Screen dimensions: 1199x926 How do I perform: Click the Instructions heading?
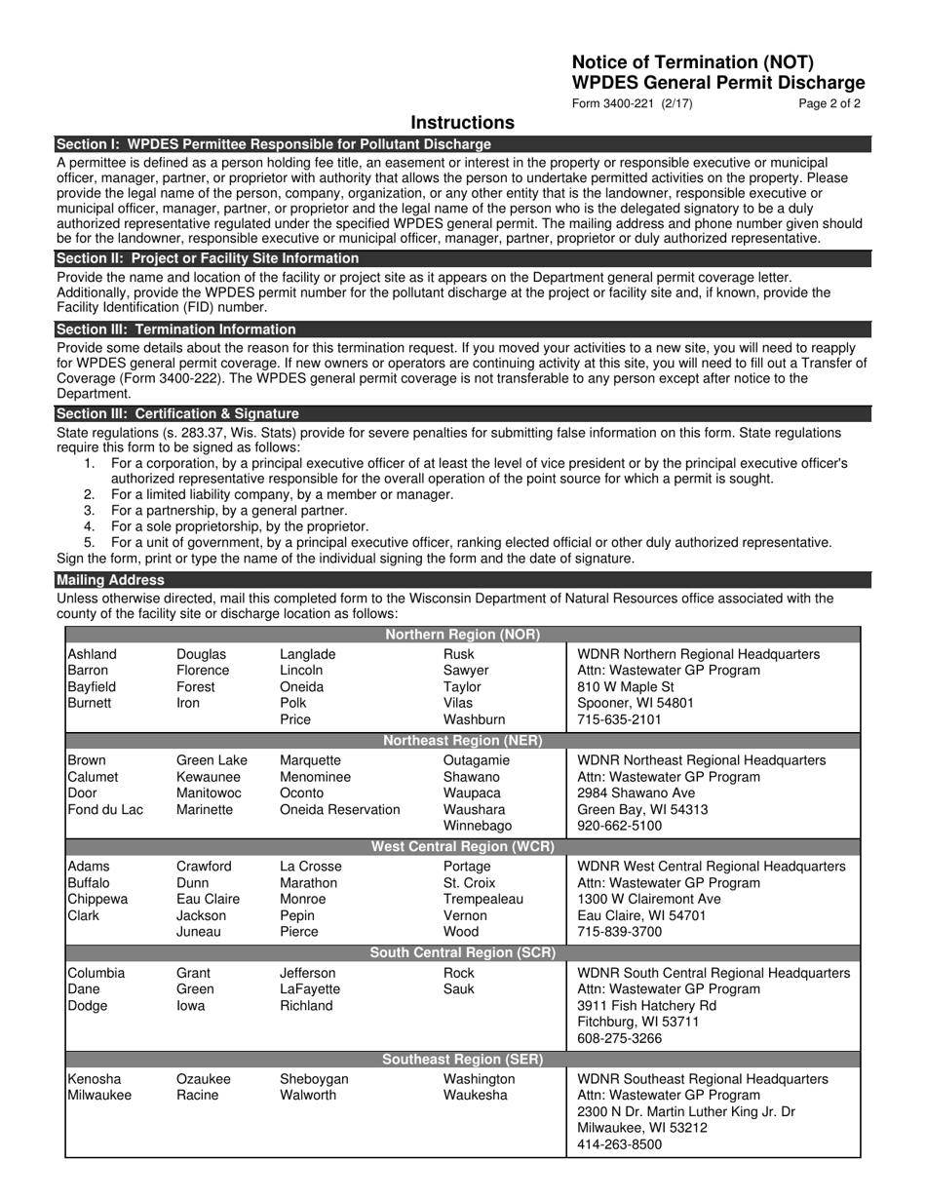point(462,123)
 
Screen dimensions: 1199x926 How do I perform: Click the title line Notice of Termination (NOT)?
point(692,62)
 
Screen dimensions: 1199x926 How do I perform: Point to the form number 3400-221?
point(633,103)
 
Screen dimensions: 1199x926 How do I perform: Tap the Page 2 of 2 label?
point(829,103)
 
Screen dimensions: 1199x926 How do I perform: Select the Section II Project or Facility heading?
point(208,258)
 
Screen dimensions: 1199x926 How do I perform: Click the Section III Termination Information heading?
point(176,329)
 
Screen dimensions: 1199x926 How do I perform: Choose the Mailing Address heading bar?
point(111,580)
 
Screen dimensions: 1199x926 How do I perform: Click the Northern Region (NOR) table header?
point(462,635)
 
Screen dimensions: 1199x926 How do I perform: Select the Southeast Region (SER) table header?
point(462,1060)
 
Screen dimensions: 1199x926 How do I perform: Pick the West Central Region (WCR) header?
point(462,847)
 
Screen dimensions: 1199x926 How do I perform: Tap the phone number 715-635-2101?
point(619,720)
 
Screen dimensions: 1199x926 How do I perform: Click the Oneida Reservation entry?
point(339,810)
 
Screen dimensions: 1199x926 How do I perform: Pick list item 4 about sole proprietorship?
point(239,526)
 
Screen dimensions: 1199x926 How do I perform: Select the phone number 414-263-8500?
point(619,1145)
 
